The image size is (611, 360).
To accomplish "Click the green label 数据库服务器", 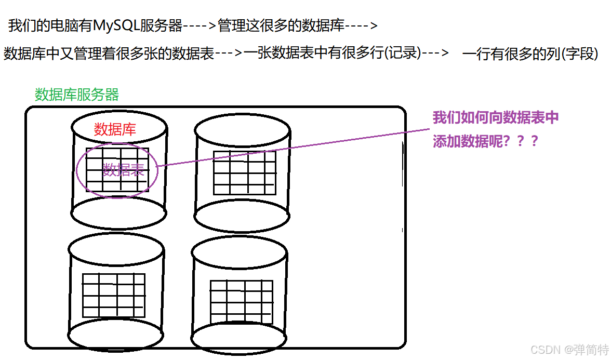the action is tap(77, 95).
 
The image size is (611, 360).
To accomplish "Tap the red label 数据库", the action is tap(115, 129).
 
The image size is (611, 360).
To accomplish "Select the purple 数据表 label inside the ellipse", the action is tap(123, 170).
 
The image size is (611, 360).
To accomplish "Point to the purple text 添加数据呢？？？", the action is tap(485, 141).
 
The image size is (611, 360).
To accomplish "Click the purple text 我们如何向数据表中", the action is tap(496, 117).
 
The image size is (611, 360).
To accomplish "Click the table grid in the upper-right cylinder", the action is tap(244, 176).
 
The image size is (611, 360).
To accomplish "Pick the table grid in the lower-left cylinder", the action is tap(114, 295).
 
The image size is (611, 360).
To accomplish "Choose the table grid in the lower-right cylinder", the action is tap(242, 302).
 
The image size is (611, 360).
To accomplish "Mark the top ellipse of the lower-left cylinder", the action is tap(116, 248).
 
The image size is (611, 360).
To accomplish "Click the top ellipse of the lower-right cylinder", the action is tap(239, 254).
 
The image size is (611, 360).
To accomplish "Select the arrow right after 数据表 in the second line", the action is tap(229, 53).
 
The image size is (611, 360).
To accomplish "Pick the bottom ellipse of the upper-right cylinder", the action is tap(242, 216).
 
